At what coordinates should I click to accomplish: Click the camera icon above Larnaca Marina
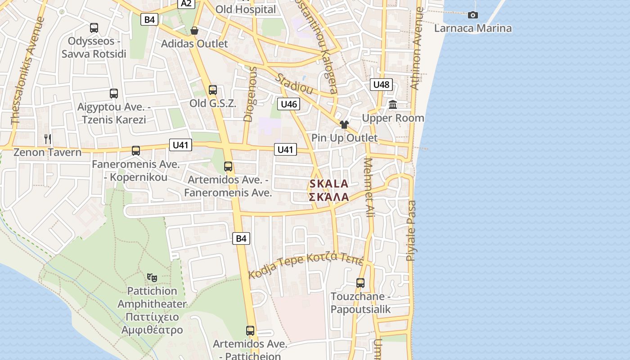[472, 15]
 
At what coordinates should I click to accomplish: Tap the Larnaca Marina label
[472, 28]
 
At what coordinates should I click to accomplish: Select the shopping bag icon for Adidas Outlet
[194, 31]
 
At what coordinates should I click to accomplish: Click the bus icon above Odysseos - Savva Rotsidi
[94, 28]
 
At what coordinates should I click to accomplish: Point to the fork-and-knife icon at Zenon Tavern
[48, 139]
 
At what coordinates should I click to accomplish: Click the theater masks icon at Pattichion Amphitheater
[152, 278]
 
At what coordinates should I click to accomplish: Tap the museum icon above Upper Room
[393, 105]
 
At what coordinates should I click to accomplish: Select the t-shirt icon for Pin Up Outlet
[344, 125]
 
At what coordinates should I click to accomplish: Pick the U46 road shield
[288, 104]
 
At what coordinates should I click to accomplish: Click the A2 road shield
[186, 4]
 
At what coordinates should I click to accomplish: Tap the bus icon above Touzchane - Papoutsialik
[360, 283]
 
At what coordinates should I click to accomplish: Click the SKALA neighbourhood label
[329, 184]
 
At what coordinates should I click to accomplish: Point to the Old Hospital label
[246, 9]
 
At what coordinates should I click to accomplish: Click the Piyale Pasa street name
[411, 231]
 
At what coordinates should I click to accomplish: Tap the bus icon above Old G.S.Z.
[213, 90]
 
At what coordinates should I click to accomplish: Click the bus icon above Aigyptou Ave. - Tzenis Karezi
[114, 94]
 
